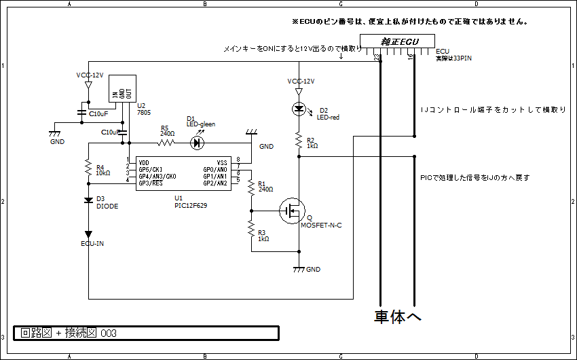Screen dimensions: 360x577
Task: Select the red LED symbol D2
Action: [x=299, y=109]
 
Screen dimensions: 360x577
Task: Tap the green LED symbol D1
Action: [x=198, y=143]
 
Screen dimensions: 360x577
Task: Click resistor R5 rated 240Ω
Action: [x=166, y=143]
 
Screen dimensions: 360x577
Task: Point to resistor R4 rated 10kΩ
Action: [x=88, y=166]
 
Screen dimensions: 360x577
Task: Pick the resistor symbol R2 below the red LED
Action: [x=299, y=141]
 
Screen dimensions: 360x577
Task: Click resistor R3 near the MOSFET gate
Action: [x=250, y=227]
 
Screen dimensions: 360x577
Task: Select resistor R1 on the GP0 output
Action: [x=250, y=185]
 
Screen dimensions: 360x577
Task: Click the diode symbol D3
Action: [x=88, y=200]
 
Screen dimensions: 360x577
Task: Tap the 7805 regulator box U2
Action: [x=122, y=88]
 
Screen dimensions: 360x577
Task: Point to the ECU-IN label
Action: [x=92, y=243]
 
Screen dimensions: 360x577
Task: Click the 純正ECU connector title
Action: [x=399, y=41]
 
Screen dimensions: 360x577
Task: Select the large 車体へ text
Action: [x=398, y=317]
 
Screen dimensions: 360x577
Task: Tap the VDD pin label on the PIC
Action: [x=144, y=162]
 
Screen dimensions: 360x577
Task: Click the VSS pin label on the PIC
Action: [x=221, y=162]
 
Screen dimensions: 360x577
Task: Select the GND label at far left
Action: [x=58, y=141]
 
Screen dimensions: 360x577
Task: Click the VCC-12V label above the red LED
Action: [x=301, y=81]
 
